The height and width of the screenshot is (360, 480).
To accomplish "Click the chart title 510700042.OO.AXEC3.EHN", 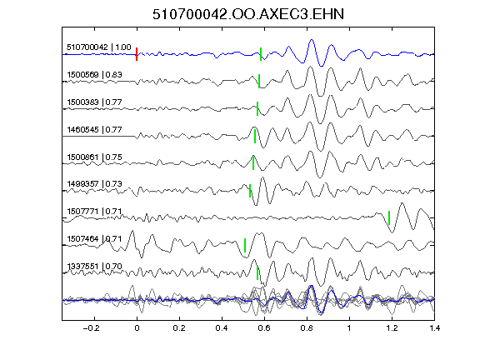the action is (248, 14).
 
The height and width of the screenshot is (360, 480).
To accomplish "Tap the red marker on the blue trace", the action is (137, 54).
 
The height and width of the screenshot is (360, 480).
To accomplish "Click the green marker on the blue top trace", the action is (261, 54).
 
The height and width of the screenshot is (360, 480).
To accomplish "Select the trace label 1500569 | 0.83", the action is (94, 75).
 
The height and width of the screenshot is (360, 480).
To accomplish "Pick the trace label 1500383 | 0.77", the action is (94, 102).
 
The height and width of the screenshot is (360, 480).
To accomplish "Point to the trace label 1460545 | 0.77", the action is (94, 129).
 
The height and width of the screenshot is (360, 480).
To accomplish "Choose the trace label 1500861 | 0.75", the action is (94, 157).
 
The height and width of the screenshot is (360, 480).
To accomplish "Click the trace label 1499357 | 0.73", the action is (94, 183).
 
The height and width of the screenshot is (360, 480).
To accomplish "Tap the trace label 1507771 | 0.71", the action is (94, 211).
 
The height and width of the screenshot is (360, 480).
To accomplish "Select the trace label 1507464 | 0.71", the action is (94, 238).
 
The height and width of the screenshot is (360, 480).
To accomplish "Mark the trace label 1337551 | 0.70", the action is (94, 267).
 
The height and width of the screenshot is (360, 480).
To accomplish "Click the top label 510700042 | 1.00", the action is (99, 47).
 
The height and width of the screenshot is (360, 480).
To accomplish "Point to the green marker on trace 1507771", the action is (389, 217).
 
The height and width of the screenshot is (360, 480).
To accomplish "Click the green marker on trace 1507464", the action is (245, 245).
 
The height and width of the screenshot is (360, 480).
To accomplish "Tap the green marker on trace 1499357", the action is (250, 191).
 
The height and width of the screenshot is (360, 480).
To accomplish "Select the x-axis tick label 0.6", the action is (264, 328).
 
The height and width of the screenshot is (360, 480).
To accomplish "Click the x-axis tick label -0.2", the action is (92, 328).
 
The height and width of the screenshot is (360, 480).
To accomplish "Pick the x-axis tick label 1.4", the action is (434, 328).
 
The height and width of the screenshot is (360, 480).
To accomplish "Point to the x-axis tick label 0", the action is (137, 328).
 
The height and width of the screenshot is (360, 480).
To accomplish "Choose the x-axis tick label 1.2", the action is (392, 328).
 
